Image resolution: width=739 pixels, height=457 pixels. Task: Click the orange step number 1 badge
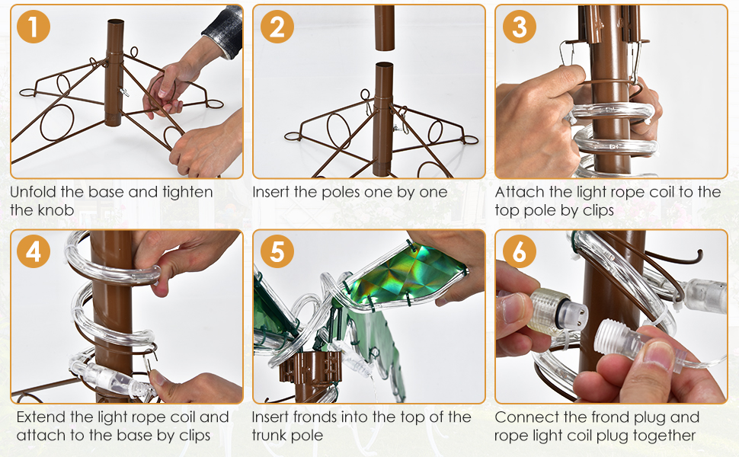click(33, 27)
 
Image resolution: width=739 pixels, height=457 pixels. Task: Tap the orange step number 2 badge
click(277, 27)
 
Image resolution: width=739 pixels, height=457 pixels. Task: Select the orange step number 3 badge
click(519, 27)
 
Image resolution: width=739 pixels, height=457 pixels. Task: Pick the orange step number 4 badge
click(33, 251)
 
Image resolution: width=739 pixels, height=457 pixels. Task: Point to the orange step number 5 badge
click(277, 251)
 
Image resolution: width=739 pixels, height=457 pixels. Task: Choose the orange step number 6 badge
click(519, 251)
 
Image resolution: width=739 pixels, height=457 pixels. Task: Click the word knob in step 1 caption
click(56, 209)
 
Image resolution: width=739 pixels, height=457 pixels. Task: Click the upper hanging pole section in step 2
click(385, 27)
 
